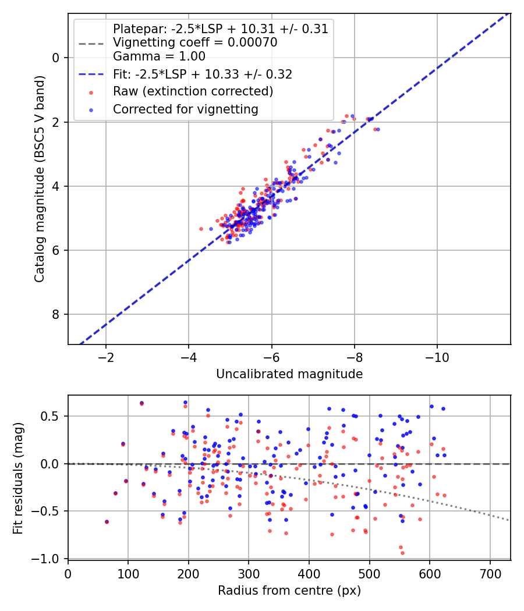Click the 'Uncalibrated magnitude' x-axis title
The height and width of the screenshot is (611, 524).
[x=289, y=374]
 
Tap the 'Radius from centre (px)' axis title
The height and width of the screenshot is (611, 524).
[x=289, y=591]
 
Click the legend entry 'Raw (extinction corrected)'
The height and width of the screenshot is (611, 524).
[x=193, y=91]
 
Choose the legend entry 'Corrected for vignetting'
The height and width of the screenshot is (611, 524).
[x=185, y=109]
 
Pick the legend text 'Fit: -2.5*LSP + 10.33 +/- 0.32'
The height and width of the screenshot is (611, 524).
[x=202, y=74]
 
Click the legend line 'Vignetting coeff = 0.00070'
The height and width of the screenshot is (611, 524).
[x=195, y=42]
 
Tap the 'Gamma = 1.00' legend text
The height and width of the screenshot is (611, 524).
[x=159, y=56]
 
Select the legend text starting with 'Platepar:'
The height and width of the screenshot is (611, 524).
[x=220, y=29]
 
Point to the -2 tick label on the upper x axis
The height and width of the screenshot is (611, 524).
[x=105, y=357]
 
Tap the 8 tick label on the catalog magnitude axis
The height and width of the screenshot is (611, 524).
[x=56, y=315]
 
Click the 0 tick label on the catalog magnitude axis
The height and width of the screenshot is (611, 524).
[x=56, y=58]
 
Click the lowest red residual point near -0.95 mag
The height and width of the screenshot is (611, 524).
[x=402, y=553]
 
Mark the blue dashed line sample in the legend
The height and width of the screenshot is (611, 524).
[x=91, y=74]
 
